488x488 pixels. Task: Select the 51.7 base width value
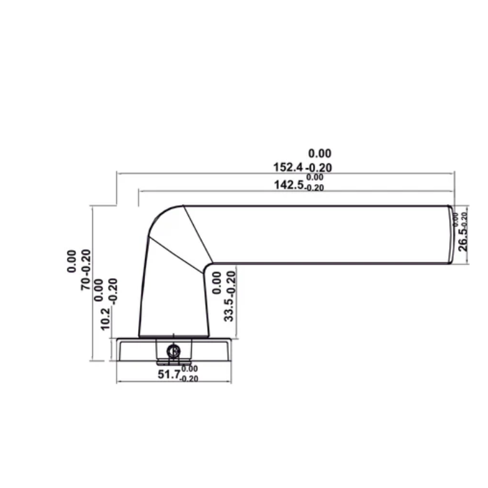tap(169, 374)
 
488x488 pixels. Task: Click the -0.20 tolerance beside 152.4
tap(319, 167)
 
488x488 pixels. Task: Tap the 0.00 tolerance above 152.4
tap(320, 153)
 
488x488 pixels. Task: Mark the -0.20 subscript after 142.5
tap(314, 188)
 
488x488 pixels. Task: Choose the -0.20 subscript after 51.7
tap(189, 378)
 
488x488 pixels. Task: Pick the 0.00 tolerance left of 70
tap(72, 261)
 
